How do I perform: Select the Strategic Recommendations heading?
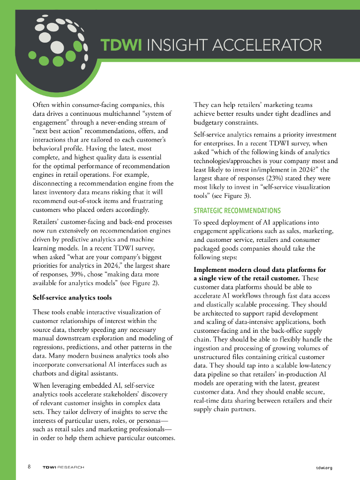(x=237, y=210)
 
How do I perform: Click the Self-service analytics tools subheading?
(x=72, y=297)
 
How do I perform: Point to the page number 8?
(x=29, y=467)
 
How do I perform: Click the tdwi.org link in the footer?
(x=324, y=467)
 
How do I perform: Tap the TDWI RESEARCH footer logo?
(x=63, y=467)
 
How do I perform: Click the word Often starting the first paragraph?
(x=42, y=105)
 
